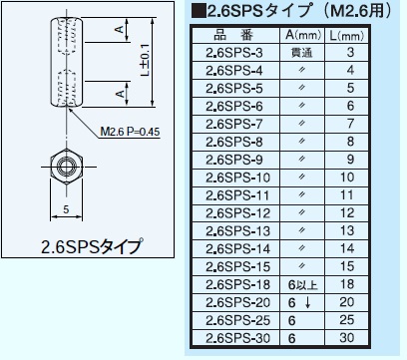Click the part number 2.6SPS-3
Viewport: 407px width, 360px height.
[x=233, y=51]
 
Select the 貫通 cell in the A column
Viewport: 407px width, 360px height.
[x=300, y=51]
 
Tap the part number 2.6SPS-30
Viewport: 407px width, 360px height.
[x=235, y=338]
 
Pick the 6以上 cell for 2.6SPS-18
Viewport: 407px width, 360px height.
[x=299, y=284]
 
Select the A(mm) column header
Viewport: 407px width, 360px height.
[x=300, y=34]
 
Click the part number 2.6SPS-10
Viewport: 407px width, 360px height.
[x=235, y=177]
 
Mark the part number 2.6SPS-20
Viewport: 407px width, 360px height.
[x=235, y=302]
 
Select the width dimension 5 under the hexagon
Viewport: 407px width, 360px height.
[x=65, y=209]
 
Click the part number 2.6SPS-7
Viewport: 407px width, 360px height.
[x=233, y=123]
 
